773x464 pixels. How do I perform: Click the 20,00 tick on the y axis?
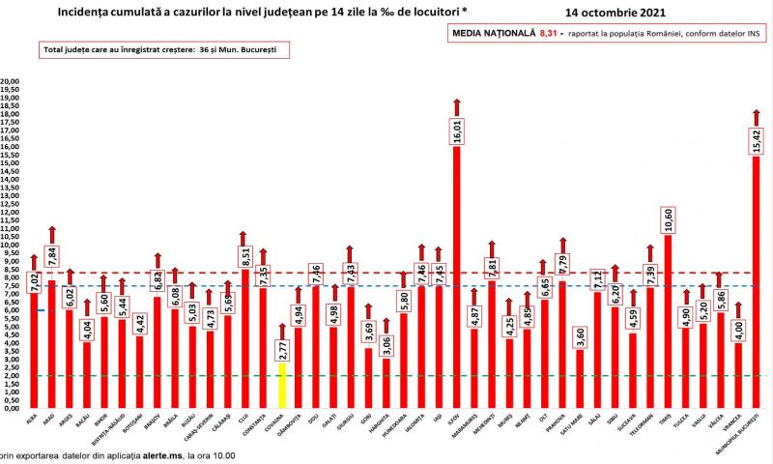[x=11, y=82]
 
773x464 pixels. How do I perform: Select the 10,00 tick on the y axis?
[x=11, y=245]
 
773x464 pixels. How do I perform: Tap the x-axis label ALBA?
[x=34, y=419]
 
